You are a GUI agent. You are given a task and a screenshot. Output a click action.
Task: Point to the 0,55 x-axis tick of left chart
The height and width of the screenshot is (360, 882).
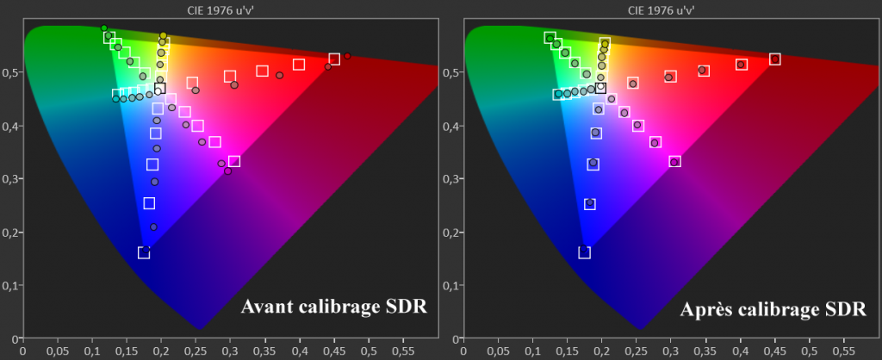tap(404, 351)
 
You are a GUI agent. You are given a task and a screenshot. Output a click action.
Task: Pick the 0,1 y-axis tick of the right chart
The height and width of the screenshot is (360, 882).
tap(450, 286)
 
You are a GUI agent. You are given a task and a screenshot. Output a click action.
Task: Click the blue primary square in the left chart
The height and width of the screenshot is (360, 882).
tap(144, 252)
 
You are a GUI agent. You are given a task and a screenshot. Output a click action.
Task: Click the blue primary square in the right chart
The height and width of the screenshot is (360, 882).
tap(585, 252)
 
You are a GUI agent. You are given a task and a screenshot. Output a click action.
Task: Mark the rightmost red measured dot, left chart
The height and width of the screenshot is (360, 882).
tap(347, 57)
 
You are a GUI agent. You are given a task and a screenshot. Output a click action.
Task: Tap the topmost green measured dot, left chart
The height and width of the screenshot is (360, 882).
tap(104, 28)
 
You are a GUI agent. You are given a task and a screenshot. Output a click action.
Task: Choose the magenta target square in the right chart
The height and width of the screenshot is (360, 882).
tap(675, 161)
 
